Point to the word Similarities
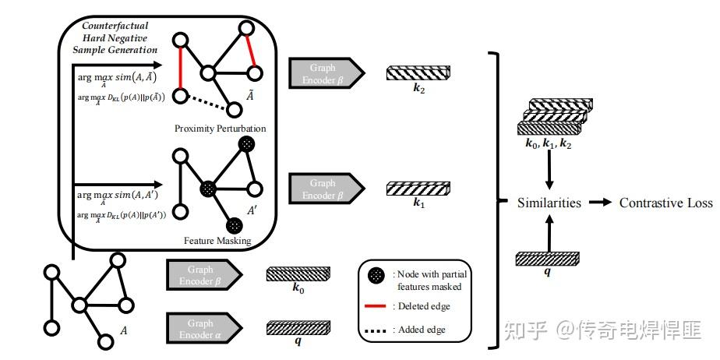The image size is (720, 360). [549, 203]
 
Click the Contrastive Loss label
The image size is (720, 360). [665, 203]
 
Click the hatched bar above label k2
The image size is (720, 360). [418, 73]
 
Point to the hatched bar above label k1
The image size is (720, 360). [418, 189]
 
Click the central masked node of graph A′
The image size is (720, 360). [207, 189]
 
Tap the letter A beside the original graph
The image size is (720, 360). [123, 330]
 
